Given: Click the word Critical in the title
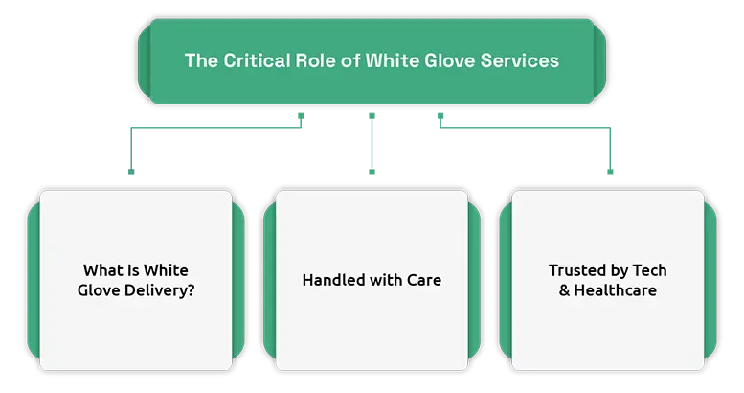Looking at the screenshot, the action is coord(257,60).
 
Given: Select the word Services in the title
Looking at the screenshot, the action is coord(520,60).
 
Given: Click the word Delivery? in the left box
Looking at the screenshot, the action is coord(159,290).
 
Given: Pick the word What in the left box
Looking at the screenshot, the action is coord(101,270).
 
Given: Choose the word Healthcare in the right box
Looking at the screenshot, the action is coord(616,290).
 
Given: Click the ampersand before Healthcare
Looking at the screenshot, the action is coord(564,290).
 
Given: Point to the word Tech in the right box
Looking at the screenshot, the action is coord(649,270).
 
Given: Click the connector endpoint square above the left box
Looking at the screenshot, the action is coord(131,172).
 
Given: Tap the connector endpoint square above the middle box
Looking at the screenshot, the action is coord(372,172).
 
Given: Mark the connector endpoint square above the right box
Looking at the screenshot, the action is coord(610,172).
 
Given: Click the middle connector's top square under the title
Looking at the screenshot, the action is coord(372,116).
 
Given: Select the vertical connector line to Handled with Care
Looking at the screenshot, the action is coord(372,144).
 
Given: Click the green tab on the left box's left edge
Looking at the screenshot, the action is coord(34,281).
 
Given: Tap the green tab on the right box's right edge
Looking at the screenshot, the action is coord(710,281).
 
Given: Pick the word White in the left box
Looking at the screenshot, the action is coord(166,270).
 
